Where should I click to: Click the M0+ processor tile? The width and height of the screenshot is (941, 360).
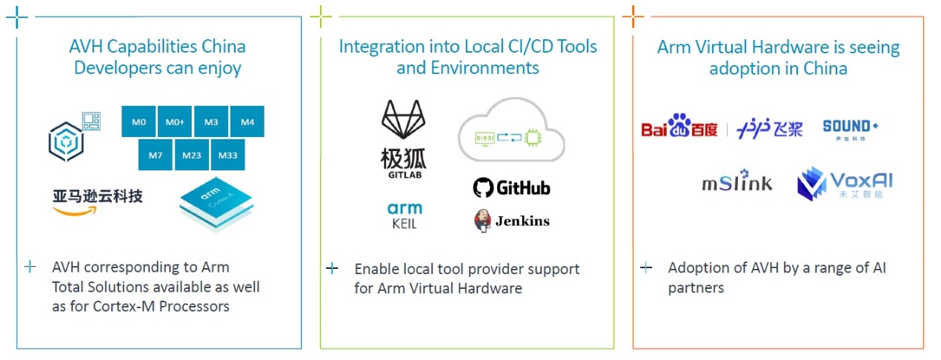point(175,121)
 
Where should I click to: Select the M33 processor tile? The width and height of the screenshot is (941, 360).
point(227,156)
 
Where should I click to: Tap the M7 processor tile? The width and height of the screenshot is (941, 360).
point(156,156)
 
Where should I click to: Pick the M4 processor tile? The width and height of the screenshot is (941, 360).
point(247,121)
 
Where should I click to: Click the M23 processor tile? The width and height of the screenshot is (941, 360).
point(192,156)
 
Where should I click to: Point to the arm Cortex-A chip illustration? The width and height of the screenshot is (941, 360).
point(216,204)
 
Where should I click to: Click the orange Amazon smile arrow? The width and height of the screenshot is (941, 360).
point(75,211)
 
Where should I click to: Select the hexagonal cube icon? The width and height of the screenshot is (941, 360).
point(67,142)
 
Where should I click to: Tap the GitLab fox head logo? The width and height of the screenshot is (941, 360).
point(403,119)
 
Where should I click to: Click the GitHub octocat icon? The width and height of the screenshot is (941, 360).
point(483,187)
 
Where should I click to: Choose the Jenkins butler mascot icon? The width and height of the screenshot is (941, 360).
point(482,221)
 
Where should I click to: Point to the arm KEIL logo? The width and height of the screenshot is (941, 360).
point(405,216)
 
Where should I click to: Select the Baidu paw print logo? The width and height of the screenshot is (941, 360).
point(679,125)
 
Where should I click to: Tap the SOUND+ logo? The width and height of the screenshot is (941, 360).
point(851,130)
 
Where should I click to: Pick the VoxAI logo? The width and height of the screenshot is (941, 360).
point(845,184)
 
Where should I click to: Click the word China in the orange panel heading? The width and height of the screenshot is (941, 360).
point(825,68)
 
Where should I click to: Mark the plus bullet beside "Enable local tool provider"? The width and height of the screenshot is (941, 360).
point(332,268)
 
